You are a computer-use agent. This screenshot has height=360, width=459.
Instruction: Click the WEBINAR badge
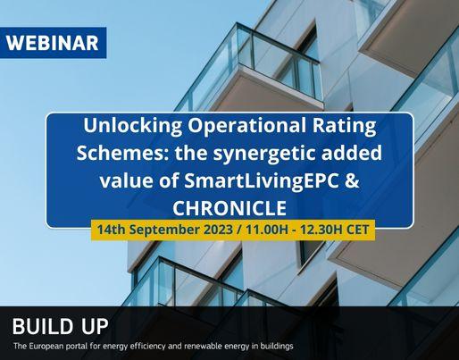[53, 43]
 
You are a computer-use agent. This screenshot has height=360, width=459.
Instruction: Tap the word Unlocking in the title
[132, 126]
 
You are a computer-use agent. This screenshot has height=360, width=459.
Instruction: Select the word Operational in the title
[246, 126]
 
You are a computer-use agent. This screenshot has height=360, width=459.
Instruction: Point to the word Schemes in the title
[123, 153]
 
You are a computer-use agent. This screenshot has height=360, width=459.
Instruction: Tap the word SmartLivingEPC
[262, 181]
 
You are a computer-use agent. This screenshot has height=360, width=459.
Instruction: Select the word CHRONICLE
[229, 208]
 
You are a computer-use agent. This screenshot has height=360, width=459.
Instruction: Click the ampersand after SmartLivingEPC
[352, 180]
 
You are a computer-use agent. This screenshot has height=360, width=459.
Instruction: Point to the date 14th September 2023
[165, 230]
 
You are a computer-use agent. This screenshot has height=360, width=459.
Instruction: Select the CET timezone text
[358, 230]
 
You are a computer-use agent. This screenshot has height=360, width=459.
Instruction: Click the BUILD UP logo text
[60, 326]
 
